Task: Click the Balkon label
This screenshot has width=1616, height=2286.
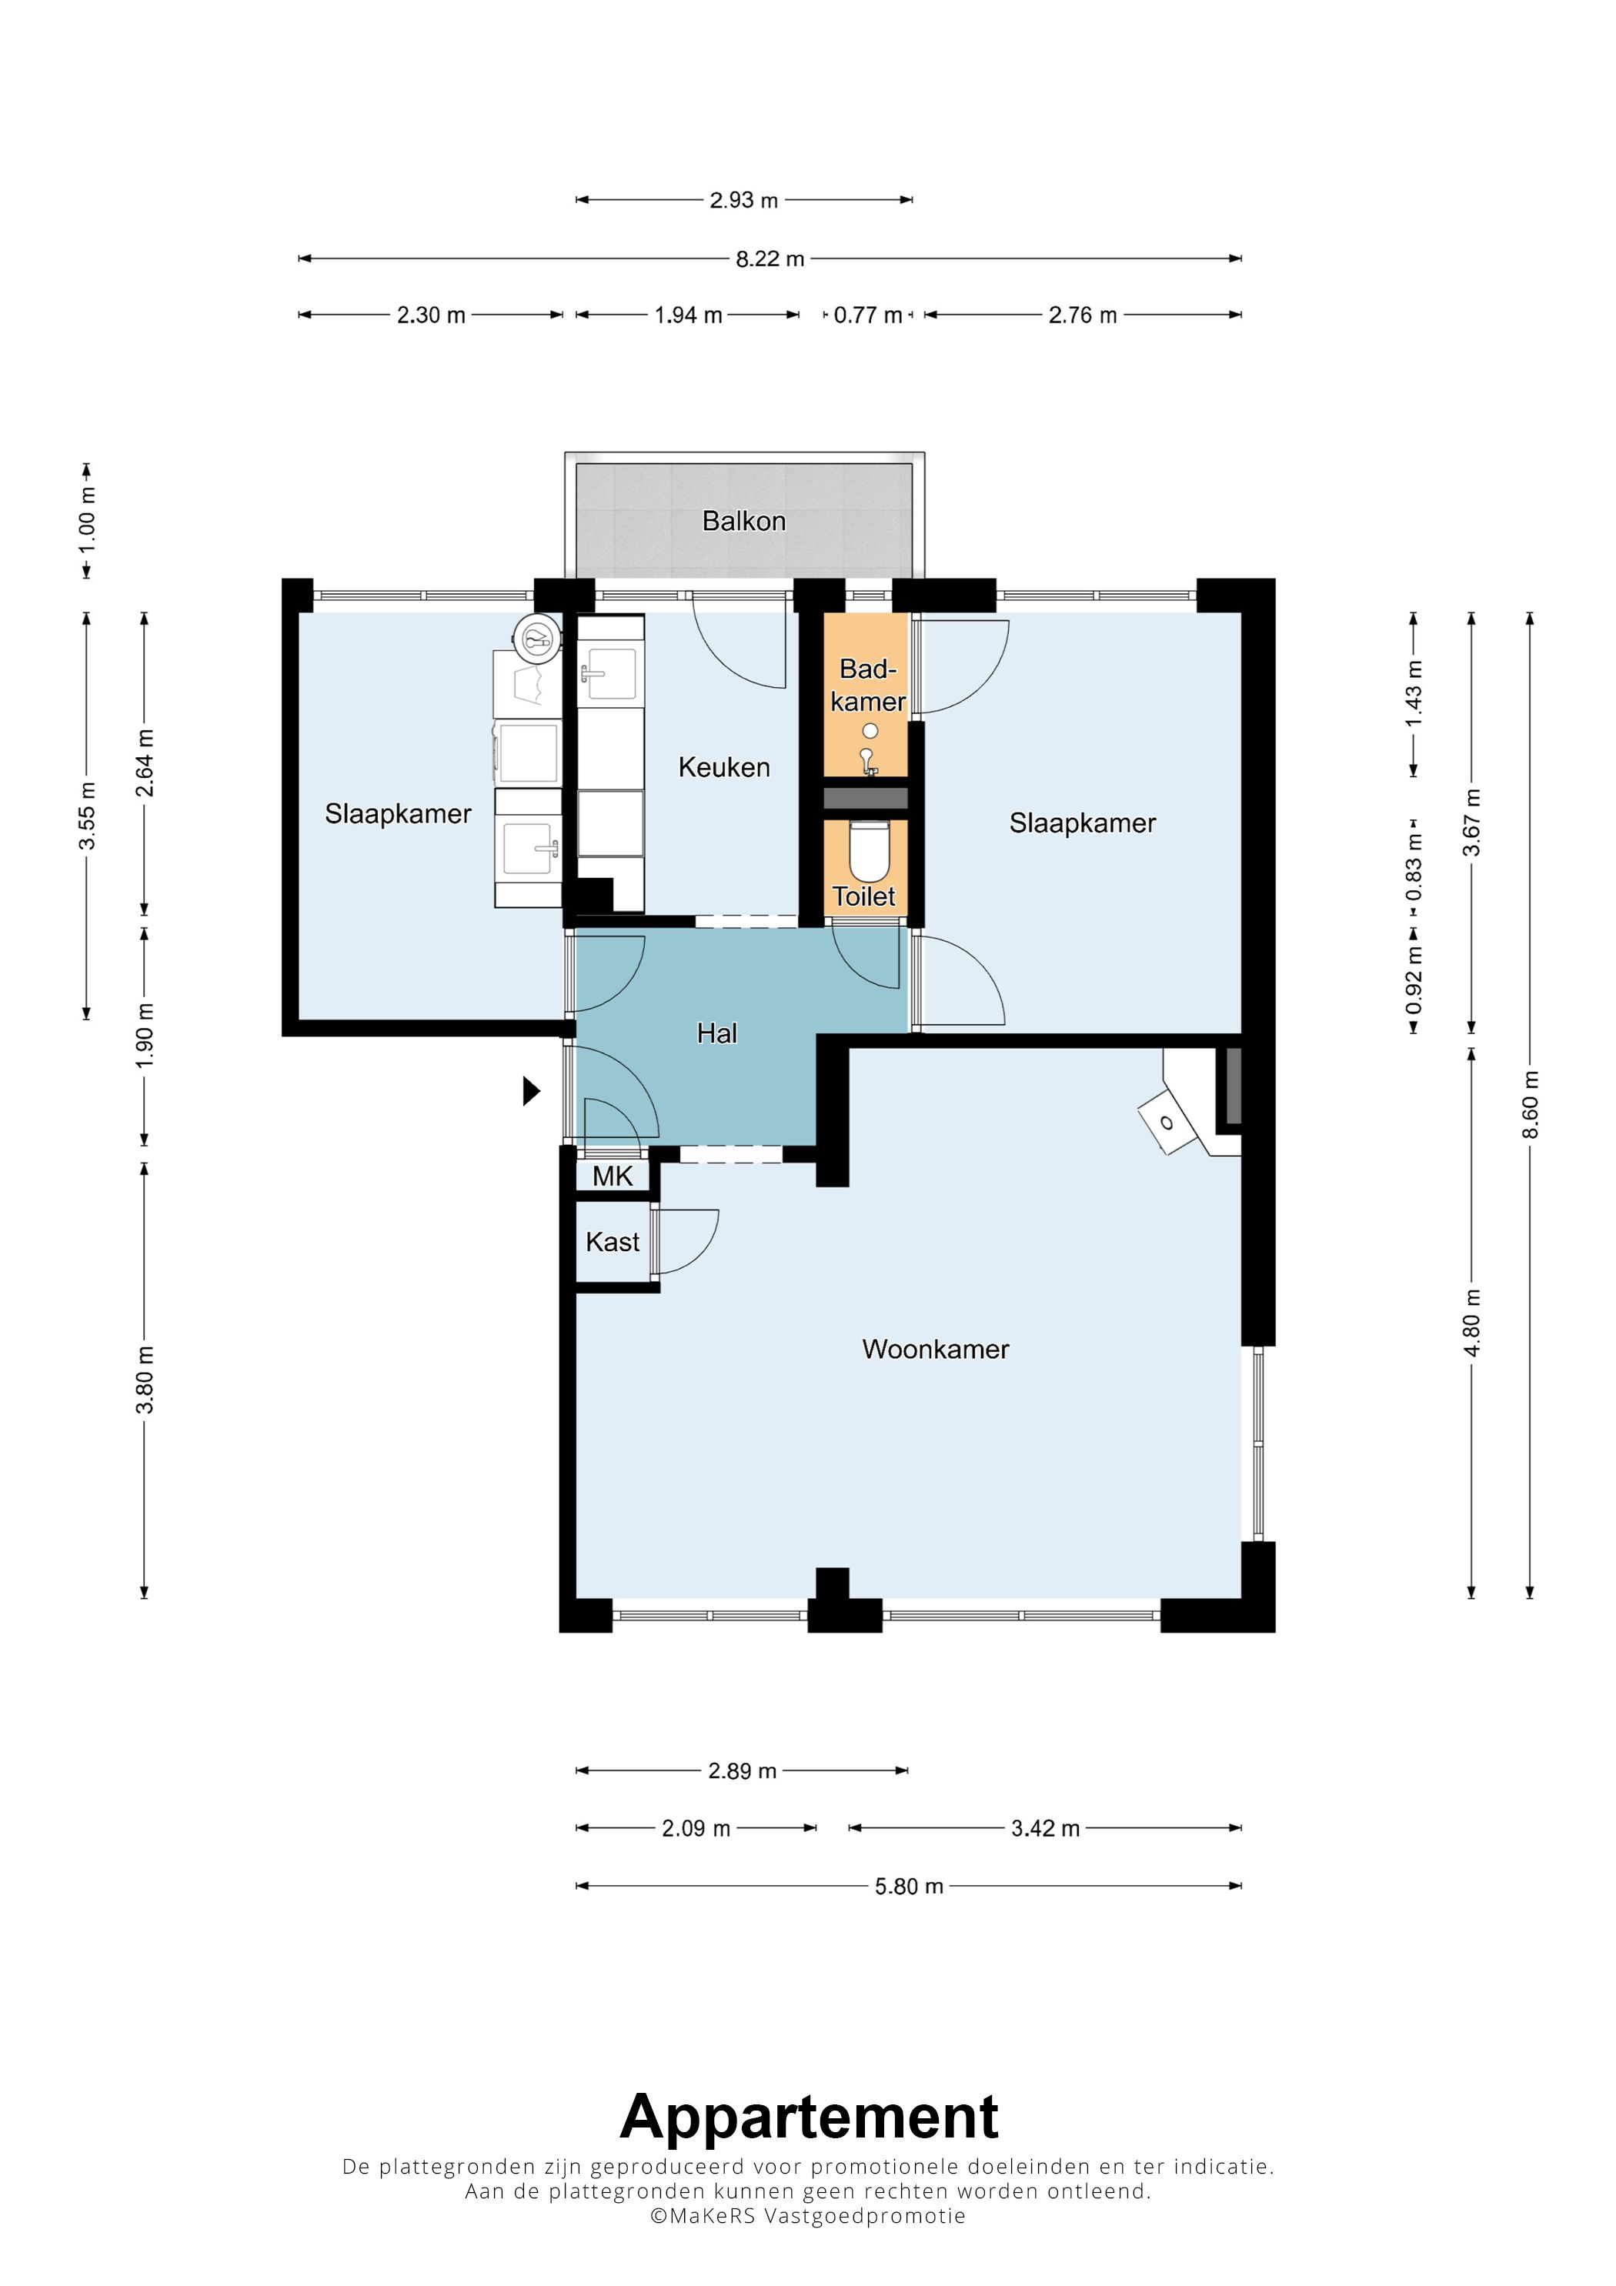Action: tap(744, 521)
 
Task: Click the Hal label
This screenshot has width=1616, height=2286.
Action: tap(717, 1033)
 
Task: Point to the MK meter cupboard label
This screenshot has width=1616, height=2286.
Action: tap(613, 1176)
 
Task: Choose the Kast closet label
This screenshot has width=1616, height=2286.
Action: tap(613, 1242)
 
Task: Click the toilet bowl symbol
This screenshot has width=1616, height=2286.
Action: tap(870, 851)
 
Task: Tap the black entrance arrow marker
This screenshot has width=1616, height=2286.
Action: tap(532, 1093)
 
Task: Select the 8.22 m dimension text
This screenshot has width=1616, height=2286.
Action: tap(770, 259)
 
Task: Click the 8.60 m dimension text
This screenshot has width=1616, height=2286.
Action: tap(1531, 1105)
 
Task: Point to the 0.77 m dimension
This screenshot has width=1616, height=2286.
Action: tap(868, 315)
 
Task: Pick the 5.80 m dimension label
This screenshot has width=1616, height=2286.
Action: tap(909, 1887)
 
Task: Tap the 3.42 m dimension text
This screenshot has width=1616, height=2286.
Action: tap(1046, 1829)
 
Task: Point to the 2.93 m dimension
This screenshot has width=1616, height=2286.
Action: tap(744, 200)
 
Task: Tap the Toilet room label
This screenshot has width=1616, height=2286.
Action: tap(864, 896)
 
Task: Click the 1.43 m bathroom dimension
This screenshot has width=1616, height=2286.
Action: tap(1413, 693)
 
